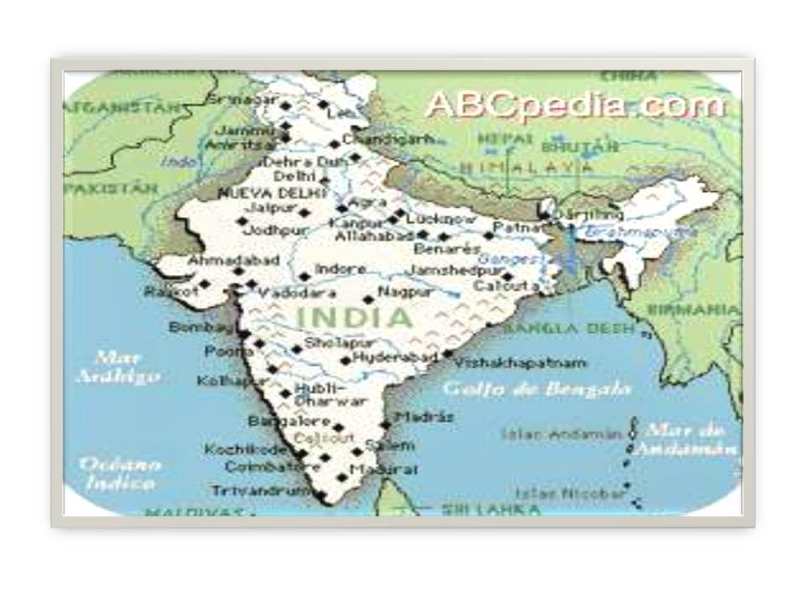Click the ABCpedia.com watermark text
point(575,106)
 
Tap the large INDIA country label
point(356,318)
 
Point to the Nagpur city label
point(406,293)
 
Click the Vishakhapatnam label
point(520,363)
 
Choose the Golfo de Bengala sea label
point(537,389)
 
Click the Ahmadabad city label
point(233,261)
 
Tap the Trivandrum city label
point(250,490)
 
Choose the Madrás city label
point(424,417)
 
